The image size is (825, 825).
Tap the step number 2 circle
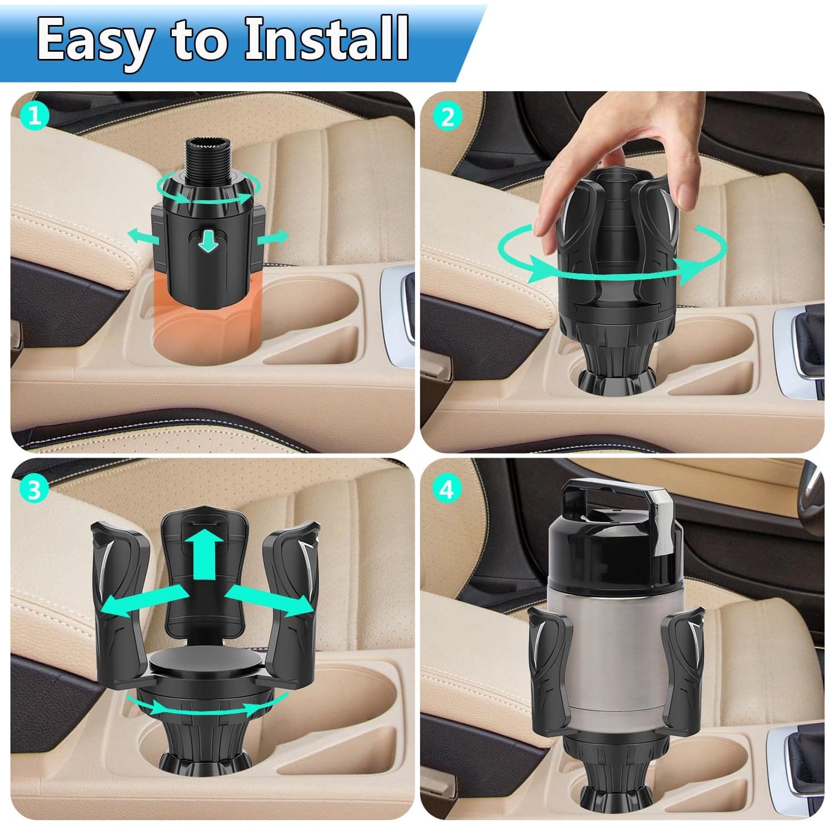coord(448,117)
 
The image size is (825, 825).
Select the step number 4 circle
coord(448,490)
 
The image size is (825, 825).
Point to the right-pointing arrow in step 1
coord(273,237)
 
